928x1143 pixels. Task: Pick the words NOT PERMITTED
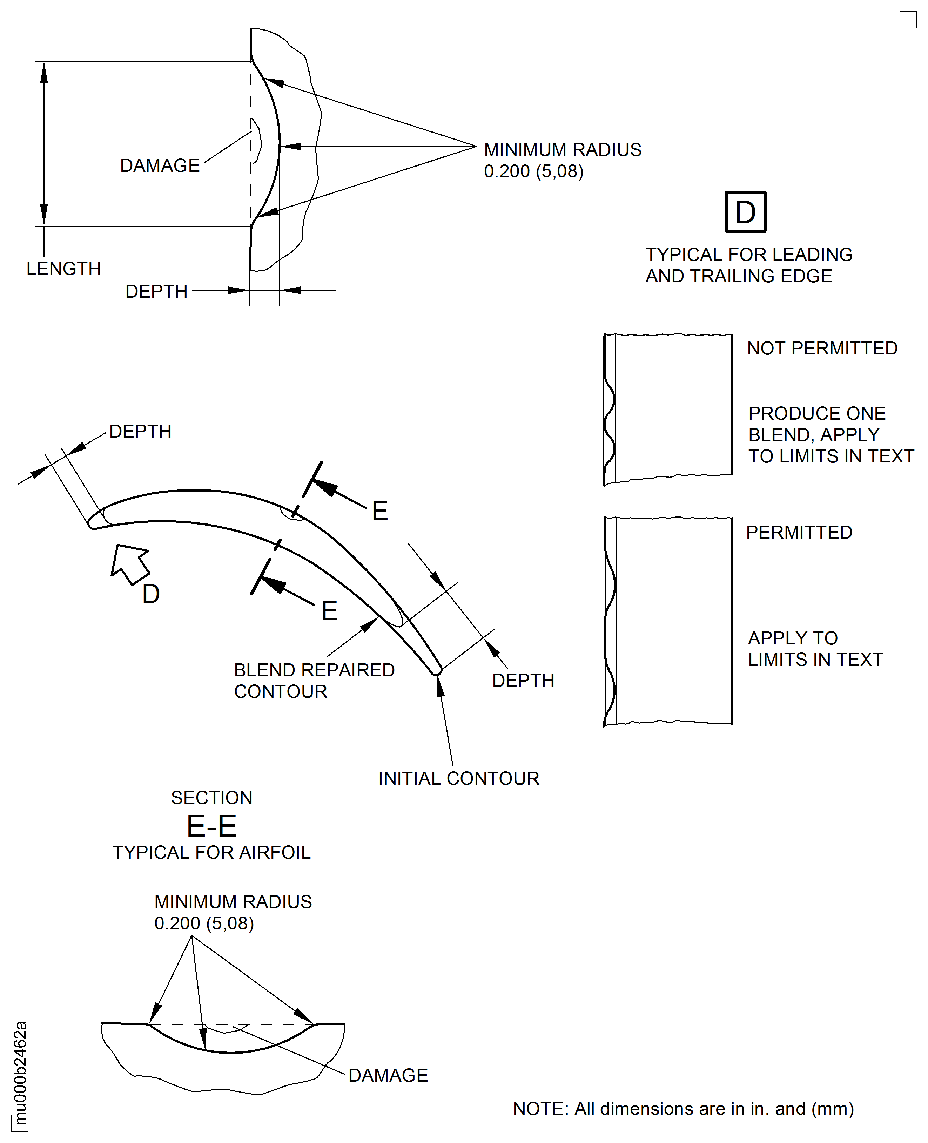[x=822, y=349]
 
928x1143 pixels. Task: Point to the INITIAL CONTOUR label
[x=459, y=779]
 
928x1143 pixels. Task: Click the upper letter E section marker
[x=379, y=512]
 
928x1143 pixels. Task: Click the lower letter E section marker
[x=329, y=611]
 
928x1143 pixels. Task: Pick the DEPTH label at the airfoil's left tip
[x=140, y=431]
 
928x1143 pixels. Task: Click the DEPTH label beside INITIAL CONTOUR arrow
[x=523, y=681]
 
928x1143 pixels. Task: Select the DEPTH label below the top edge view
[x=156, y=291]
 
